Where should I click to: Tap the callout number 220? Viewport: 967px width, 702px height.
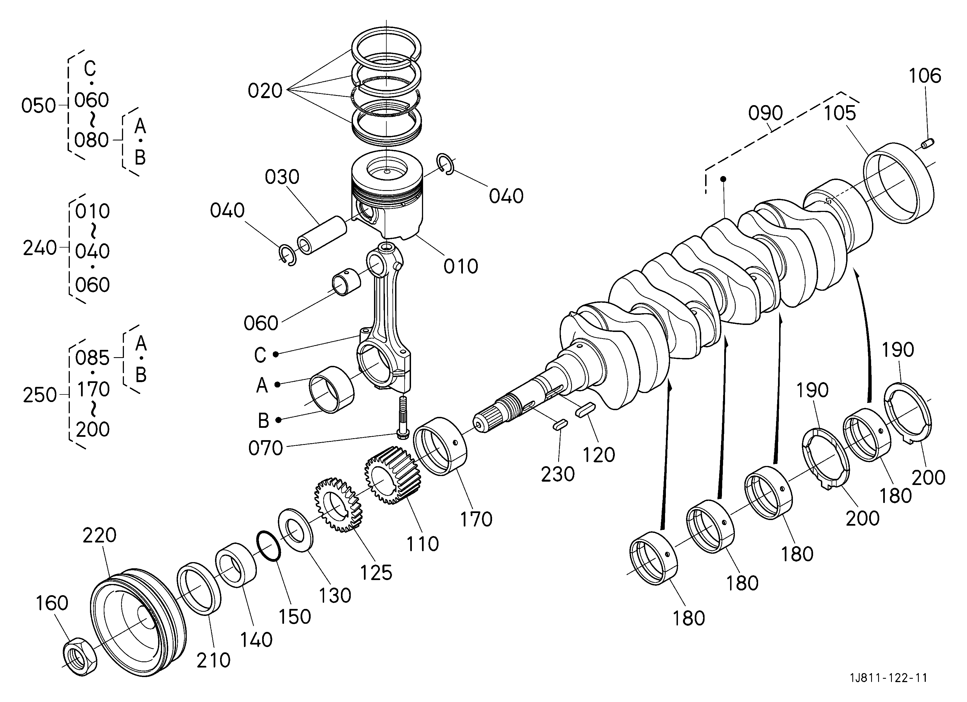pyautogui.click(x=99, y=535)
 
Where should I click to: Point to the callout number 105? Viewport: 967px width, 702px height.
pyautogui.click(x=839, y=113)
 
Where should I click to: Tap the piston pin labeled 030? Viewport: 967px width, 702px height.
pyautogui.click(x=322, y=235)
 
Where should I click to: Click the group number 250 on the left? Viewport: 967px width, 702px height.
pyautogui.click(x=40, y=395)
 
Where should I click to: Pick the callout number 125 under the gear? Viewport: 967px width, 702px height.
pyautogui.click(x=376, y=573)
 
